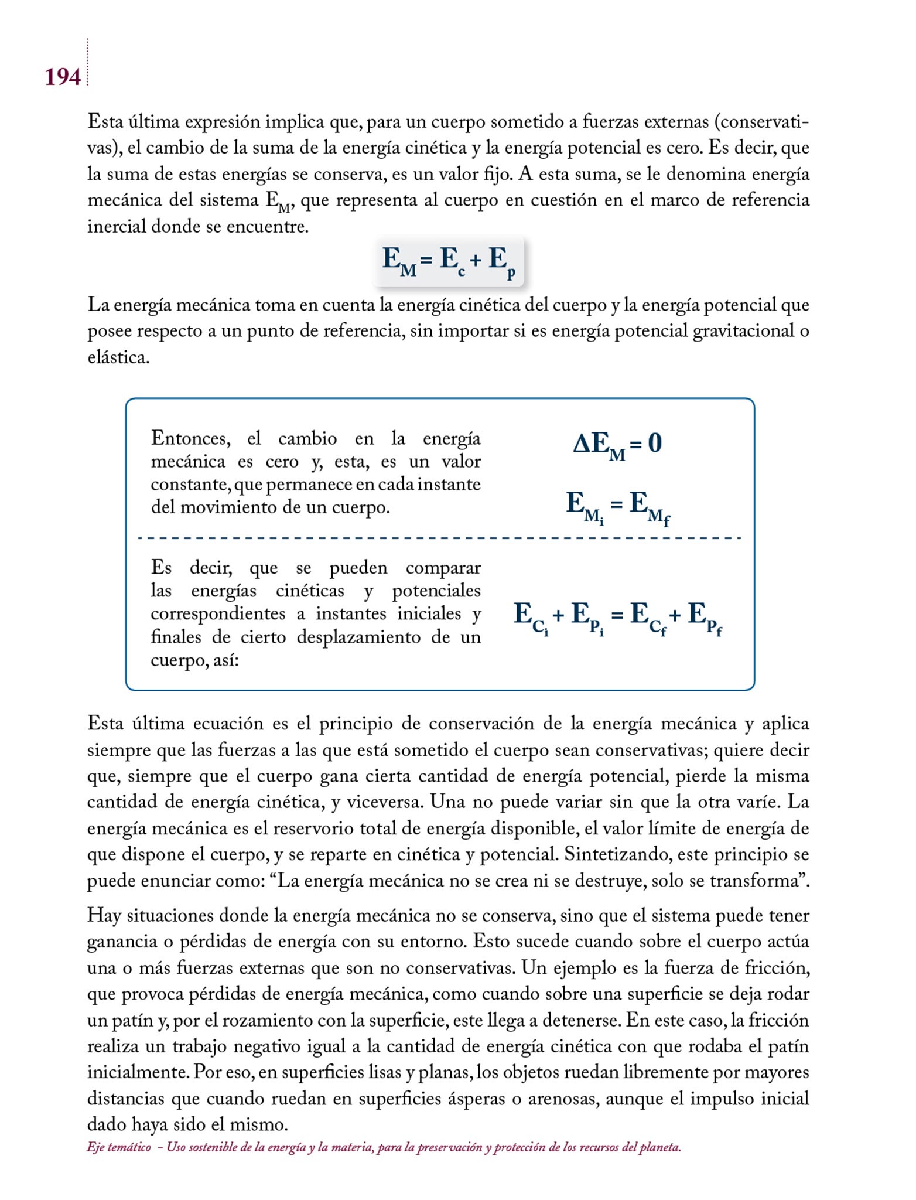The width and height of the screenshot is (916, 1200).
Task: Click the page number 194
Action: click(x=63, y=77)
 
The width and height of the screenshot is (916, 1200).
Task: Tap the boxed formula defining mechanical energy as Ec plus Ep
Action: click(x=449, y=261)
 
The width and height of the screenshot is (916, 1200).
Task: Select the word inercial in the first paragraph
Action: click(x=117, y=226)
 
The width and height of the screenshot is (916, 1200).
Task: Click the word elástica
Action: click(x=118, y=357)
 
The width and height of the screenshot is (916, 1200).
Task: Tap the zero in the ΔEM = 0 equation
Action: click(x=655, y=443)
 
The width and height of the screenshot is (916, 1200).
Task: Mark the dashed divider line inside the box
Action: click(x=439, y=538)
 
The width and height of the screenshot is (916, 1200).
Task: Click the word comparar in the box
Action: click(x=443, y=568)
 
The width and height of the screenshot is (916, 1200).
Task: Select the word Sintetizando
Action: click(x=618, y=854)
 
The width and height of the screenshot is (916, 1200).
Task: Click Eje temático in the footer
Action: click(x=119, y=1147)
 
